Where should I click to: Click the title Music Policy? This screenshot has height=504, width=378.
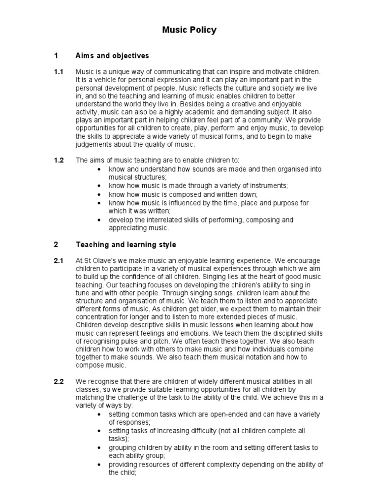click(x=189, y=31)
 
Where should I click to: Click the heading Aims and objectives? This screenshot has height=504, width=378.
click(x=112, y=56)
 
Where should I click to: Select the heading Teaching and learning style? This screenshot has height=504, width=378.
click(x=126, y=245)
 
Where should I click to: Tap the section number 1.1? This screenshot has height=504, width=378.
click(x=59, y=72)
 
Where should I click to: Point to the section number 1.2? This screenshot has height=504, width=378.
click(x=59, y=161)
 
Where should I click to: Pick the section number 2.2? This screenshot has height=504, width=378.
click(x=59, y=382)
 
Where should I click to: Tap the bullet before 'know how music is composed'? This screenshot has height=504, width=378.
click(x=100, y=194)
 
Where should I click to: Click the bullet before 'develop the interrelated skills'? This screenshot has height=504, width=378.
click(x=100, y=220)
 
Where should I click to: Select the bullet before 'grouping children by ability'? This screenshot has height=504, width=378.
click(x=100, y=448)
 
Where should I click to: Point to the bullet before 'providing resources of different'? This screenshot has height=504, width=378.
click(x=100, y=465)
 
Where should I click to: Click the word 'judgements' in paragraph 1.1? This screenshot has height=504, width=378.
click(x=94, y=144)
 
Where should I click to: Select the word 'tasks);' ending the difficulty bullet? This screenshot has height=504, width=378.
click(x=119, y=439)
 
